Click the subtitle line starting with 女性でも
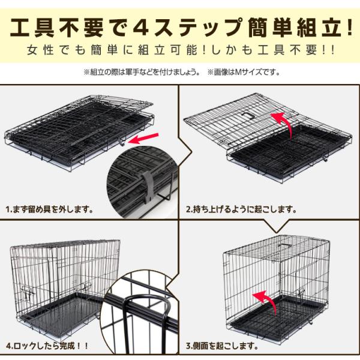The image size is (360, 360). pos(179,50)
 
